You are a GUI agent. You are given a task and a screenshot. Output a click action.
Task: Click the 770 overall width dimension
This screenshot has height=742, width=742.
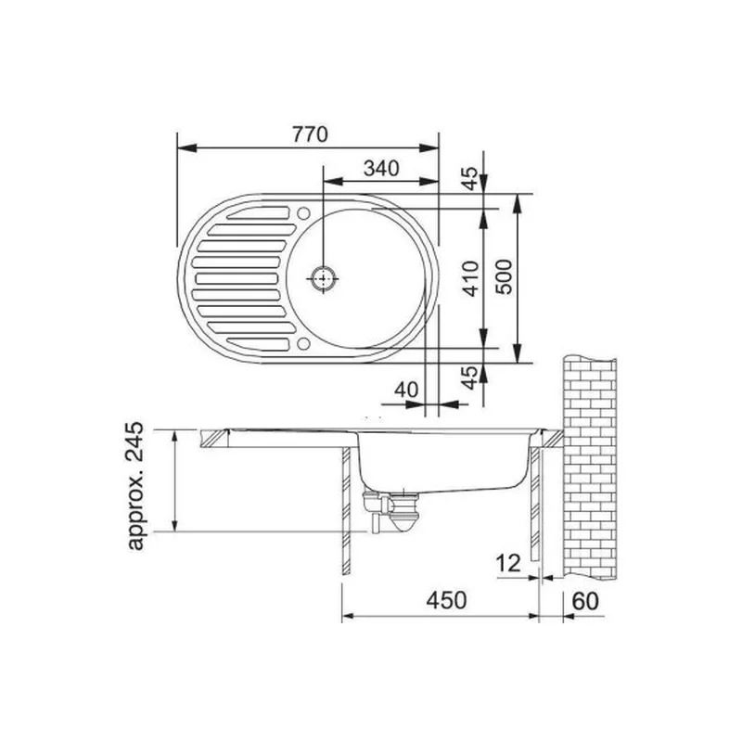click(x=310, y=134)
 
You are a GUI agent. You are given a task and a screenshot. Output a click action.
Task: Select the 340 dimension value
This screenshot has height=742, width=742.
click(x=381, y=168)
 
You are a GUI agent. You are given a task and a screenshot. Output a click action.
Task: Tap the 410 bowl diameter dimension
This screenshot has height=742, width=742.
click(x=472, y=278)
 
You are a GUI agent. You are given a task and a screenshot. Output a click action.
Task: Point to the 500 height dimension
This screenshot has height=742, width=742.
click(x=505, y=277)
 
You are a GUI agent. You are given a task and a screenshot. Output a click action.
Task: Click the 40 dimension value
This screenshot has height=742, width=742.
click(x=406, y=390)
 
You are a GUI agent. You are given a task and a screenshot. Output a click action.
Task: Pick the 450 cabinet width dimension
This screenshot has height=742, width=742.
click(x=446, y=600)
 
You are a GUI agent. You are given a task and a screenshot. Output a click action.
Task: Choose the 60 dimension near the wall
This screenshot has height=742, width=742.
click(x=585, y=601)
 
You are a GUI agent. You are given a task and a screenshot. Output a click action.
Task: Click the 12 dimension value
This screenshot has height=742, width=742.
click(x=508, y=563)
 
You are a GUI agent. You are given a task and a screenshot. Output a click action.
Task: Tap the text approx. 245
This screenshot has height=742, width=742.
click(x=135, y=485)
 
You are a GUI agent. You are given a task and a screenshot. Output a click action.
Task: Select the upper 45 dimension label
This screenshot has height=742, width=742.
click(x=470, y=178)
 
